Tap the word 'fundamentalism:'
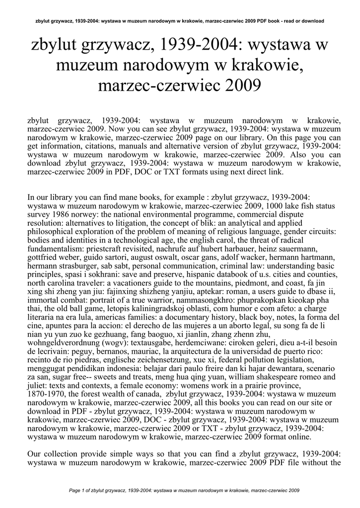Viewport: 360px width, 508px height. coord(55,248)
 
